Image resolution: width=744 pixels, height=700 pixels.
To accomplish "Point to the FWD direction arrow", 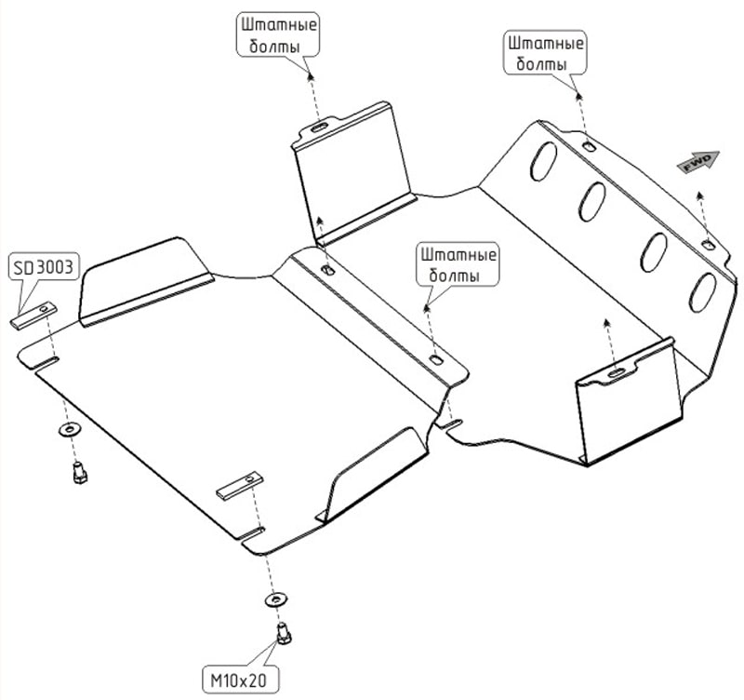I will tap(698, 163).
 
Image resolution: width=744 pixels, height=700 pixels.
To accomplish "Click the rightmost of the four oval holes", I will tap(704, 289).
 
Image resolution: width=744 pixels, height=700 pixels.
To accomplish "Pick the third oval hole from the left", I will tap(654, 249).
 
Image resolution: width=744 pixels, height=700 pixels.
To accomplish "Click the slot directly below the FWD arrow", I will tap(709, 245).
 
